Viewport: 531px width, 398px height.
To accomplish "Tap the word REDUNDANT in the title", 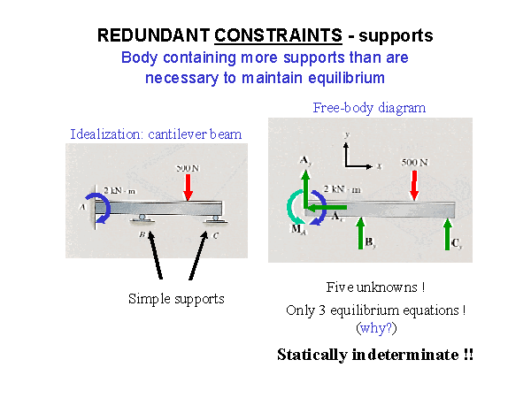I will [153, 36].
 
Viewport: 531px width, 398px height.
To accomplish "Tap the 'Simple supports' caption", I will [176, 298].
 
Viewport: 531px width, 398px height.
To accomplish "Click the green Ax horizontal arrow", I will [325, 207].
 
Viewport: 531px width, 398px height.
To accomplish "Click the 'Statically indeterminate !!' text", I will [375, 355].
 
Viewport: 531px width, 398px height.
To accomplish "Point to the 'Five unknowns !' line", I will [375, 287].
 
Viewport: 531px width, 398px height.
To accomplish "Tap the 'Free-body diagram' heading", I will [369, 108].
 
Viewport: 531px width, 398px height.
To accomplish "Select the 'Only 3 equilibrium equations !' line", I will [375, 310].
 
